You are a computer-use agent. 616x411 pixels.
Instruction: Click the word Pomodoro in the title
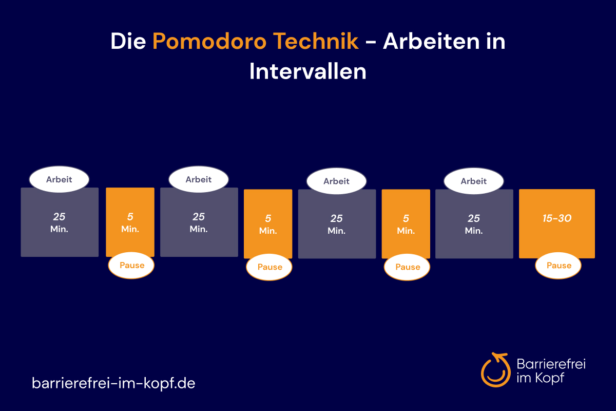click(209, 41)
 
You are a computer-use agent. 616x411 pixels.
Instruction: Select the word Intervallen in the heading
click(307, 71)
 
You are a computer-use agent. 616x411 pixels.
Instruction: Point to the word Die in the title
click(128, 41)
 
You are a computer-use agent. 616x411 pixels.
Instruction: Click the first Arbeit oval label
click(59, 179)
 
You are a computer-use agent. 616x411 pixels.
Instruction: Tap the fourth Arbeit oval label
click(474, 181)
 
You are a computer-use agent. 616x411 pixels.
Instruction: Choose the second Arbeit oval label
click(199, 179)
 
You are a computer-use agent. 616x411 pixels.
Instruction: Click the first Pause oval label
click(131, 266)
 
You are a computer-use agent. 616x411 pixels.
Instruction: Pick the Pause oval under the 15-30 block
click(559, 266)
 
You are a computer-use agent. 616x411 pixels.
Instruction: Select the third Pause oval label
click(407, 267)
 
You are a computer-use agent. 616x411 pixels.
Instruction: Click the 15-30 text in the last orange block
click(557, 218)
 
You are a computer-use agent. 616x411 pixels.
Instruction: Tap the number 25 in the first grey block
click(59, 217)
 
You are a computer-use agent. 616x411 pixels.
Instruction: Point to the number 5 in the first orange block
click(130, 217)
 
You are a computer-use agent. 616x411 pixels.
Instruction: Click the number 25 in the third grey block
click(336, 218)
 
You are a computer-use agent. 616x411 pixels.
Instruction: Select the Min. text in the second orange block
click(268, 231)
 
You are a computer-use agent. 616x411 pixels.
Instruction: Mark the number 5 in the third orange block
click(406, 218)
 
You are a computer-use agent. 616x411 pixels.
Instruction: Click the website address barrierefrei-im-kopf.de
click(113, 383)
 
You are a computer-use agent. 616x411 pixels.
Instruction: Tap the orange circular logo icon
click(495, 370)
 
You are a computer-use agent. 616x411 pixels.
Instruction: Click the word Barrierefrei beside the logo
click(551, 364)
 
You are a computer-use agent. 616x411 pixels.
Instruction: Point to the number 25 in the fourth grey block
click(474, 218)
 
